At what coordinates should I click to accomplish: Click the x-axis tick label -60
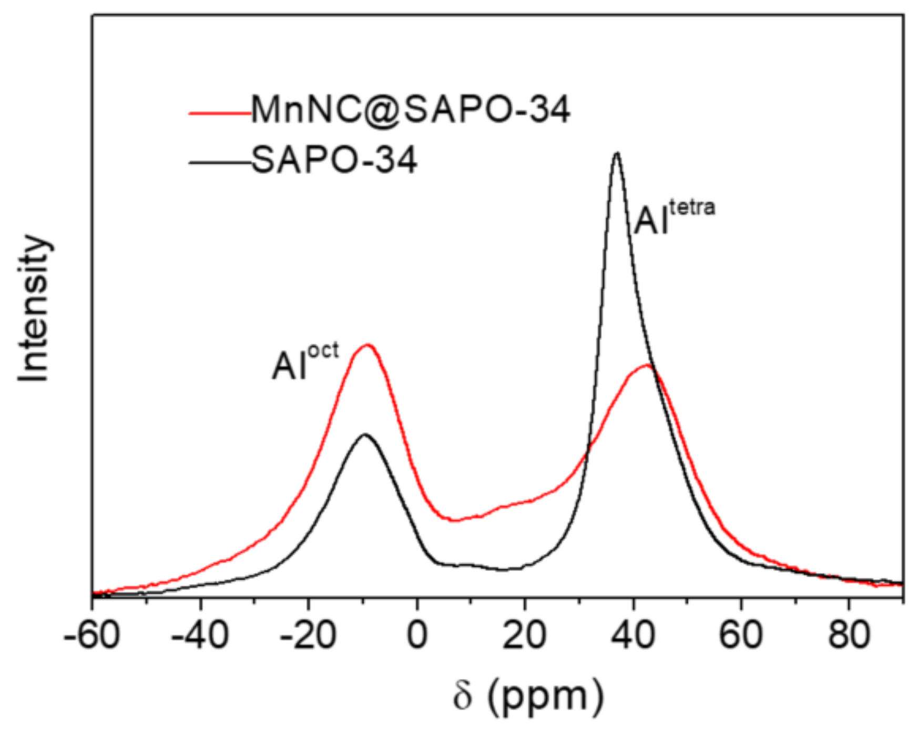(93, 636)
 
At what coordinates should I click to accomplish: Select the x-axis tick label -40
(200, 636)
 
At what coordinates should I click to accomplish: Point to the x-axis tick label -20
(308, 636)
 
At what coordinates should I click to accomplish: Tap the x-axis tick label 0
(417, 636)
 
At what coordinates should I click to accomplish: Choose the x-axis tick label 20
(525, 636)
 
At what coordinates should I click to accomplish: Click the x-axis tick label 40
(633, 636)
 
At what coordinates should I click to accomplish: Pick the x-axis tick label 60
(741, 636)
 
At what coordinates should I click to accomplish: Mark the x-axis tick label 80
(849, 636)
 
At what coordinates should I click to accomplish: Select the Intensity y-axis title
(34, 309)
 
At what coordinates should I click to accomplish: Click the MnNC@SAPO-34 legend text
(411, 110)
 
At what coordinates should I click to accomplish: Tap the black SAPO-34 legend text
(335, 160)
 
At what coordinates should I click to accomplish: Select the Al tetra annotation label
(674, 217)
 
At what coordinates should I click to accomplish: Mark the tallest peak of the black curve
(617, 153)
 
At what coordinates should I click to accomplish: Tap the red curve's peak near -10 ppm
(368, 345)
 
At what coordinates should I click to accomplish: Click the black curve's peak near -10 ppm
(365, 434)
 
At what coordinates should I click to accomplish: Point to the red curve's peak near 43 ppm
(648, 365)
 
